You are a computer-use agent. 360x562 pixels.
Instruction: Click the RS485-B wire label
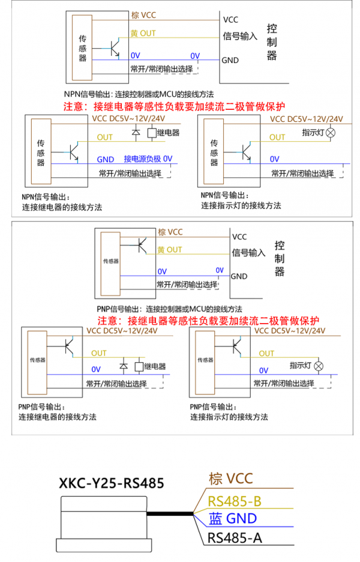(x=235, y=501)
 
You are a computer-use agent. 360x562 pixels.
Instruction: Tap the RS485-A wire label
(x=235, y=537)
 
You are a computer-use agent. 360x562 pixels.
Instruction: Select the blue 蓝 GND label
(x=233, y=519)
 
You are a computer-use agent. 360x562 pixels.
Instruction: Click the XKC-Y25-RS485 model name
(x=112, y=483)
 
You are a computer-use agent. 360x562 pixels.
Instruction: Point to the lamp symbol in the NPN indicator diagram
(x=331, y=133)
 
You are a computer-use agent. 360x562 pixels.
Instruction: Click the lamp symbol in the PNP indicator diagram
(x=319, y=366)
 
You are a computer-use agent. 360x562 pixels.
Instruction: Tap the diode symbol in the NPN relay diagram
(x=136, y=132)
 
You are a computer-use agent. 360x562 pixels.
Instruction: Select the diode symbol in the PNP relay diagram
(x=124, y=366)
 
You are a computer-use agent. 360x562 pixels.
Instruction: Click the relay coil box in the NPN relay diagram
(x=152, y=133)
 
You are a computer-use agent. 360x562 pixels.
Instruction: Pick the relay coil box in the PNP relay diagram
(x=139, y=366)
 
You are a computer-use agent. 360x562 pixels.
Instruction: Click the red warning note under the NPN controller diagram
(x=175, y=106)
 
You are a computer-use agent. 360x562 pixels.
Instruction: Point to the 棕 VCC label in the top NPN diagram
(x=143, y=15)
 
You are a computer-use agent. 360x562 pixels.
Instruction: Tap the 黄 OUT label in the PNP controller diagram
(x=170, y=249)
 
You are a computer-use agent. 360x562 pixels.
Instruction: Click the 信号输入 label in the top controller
(x=240, y=36)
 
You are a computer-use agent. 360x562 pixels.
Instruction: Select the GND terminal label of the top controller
(x=230, y=60)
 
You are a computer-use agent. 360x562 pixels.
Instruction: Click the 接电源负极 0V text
(x=148, y=159)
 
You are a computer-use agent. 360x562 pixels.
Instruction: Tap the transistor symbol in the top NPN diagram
(x=115, y=49)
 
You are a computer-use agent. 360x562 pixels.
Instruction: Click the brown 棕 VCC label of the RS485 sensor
(x=231, y=479)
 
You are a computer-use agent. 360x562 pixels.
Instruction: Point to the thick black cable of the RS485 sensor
(x=170, y=513)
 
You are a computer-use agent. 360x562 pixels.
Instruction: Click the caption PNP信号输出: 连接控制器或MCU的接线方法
(x=169, y=309)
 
